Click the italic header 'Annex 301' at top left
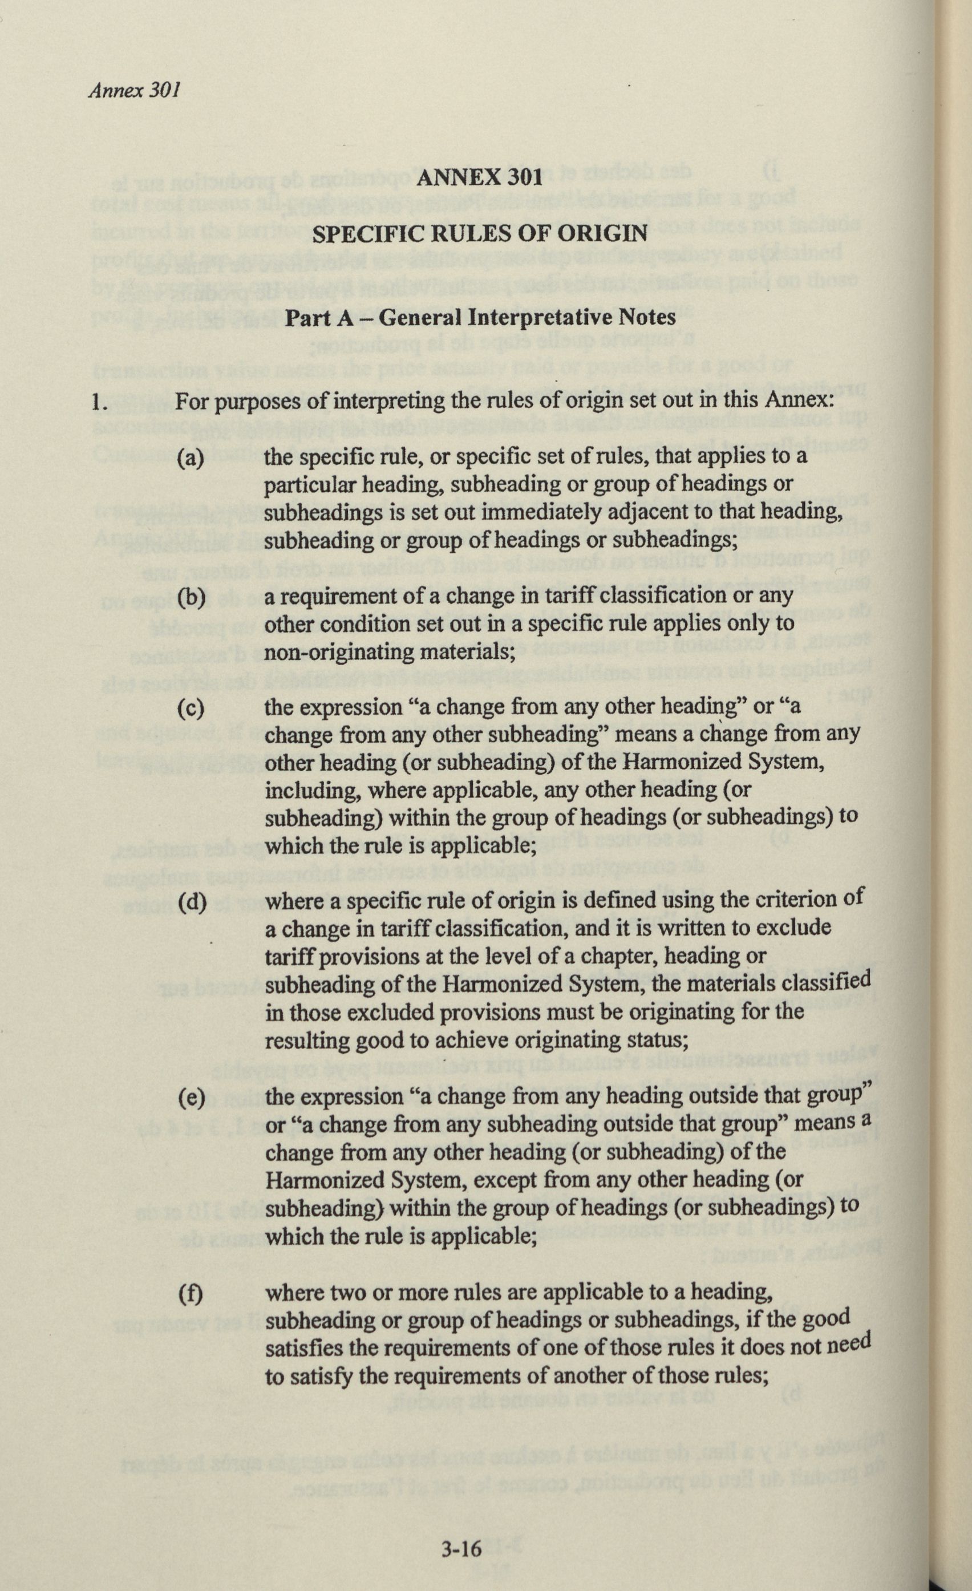coord(133,90)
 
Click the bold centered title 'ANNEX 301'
coord(479,177)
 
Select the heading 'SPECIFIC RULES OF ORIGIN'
coord(479,233)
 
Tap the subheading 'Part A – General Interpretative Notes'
coord(480,318)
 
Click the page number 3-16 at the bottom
coord(462,1548)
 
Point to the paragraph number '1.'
coord(99,403)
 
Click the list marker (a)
coord(191,459)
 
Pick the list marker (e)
coord(191,1097)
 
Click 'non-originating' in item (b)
coord(339,652)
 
